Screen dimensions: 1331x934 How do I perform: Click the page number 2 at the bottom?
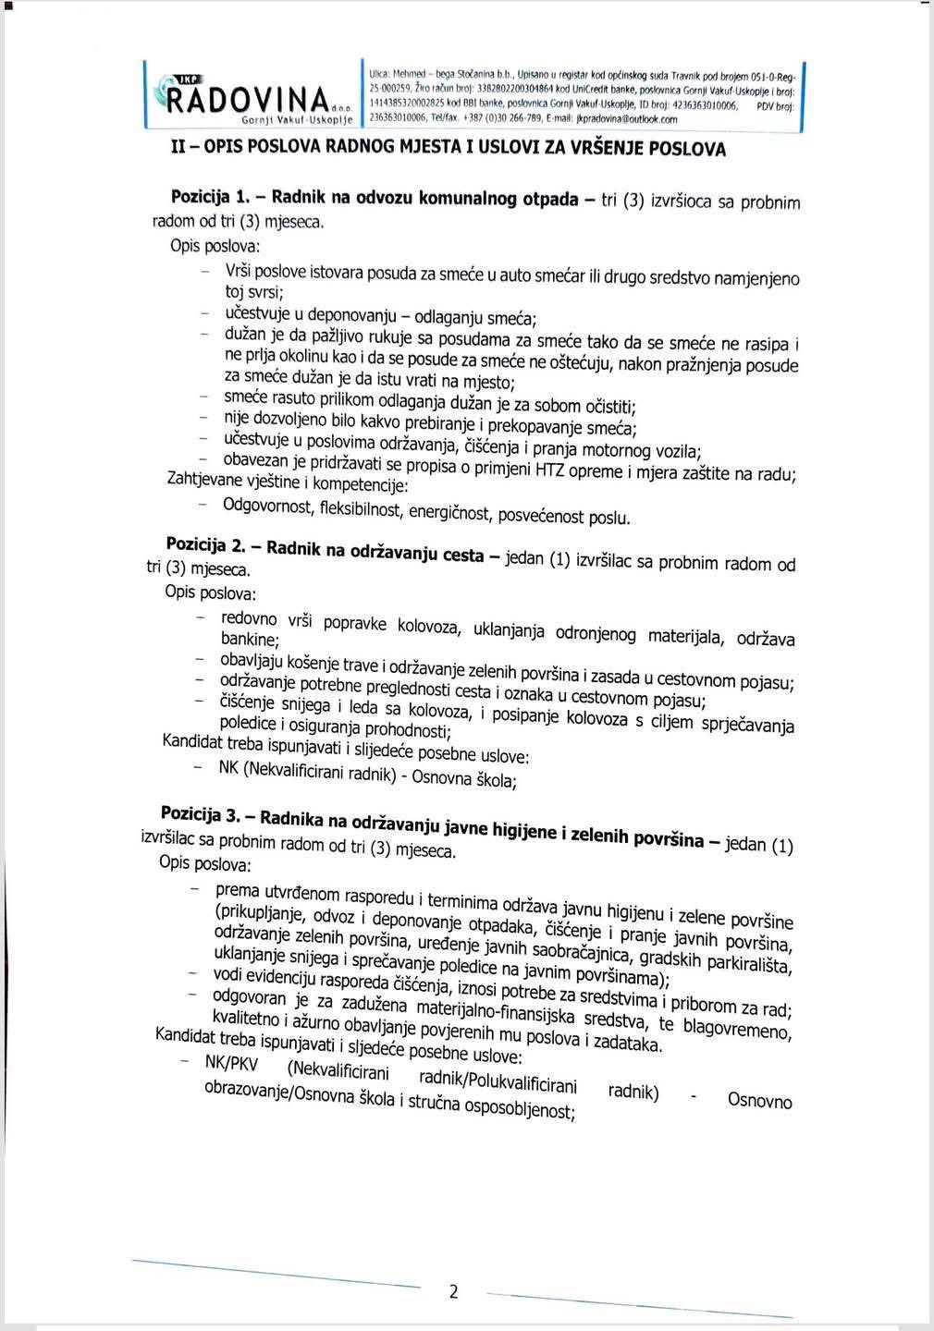453,1291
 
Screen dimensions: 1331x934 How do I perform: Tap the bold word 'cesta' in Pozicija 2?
463,555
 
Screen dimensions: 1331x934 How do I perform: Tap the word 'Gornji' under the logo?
262,121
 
